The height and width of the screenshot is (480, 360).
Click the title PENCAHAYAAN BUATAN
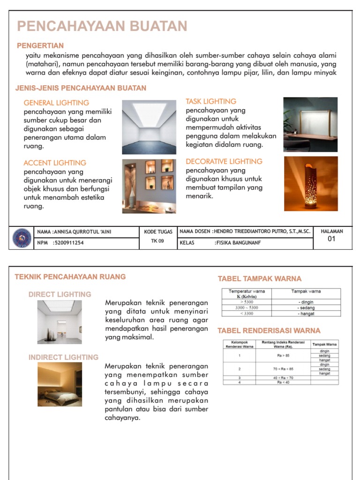click(102, 26)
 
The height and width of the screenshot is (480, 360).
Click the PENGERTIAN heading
click(40, 45)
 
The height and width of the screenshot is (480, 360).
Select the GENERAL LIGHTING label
click(56, 103)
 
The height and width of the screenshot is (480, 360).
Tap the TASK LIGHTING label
click(211, 101)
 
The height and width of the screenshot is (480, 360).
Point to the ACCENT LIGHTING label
click(55, 163)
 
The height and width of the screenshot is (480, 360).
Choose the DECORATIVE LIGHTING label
click(224, 161)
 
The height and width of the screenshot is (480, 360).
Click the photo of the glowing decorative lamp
click(310, 183)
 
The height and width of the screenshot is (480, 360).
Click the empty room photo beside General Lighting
click(149, 127)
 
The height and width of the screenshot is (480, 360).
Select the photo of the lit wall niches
click(149, 186)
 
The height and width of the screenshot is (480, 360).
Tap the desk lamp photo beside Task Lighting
click(310, 124)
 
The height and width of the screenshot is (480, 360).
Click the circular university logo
click(22, 238)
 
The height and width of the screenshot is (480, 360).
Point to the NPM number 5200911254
click(68, 243)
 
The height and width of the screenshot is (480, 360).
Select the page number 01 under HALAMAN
click(331, 240)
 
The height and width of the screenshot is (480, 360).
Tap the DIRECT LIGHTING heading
click(60, 294)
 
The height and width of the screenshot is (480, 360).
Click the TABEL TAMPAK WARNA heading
click(260, 278)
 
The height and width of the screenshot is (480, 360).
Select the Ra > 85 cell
click(283, 355)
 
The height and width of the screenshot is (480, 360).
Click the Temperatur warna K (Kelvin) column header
click(247, 294)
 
